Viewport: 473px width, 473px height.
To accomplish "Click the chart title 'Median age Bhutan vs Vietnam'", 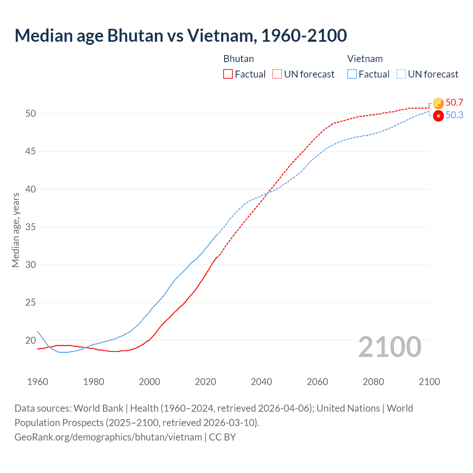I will point(180,35).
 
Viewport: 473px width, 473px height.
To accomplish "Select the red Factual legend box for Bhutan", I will point(228,74).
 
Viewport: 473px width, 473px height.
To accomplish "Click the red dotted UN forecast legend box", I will point(277,74).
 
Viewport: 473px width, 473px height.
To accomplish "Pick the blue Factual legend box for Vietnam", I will point(352,74).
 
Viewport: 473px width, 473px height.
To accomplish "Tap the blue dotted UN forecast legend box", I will point(401,74).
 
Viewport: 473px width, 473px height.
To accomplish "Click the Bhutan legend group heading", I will point(238,59).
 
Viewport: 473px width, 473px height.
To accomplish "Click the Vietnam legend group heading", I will point(365,59).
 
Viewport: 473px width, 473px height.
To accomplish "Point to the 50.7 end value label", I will point(454,102).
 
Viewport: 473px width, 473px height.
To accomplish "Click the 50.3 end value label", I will point(454,115).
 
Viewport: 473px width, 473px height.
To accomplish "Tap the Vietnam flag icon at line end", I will point(438,116).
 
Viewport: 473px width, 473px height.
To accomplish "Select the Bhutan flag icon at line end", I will point(438,103).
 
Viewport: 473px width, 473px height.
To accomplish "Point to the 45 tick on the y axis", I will point(31,151).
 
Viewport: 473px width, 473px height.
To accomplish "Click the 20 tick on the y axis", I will point(31,340).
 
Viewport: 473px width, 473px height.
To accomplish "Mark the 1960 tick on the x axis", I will point(38,382).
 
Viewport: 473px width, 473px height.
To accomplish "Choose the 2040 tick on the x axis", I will point(261,382).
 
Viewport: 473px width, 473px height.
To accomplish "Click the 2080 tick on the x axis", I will point(373,382).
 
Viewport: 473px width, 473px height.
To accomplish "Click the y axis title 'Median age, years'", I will point(16,230).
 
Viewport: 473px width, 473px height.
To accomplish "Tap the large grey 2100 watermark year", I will point(389,347).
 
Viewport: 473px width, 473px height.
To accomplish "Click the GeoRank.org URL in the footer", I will point(108,437).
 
